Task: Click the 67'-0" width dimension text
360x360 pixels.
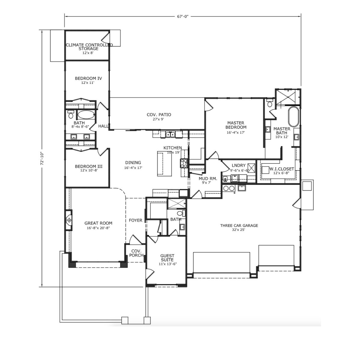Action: [x=183, y=16]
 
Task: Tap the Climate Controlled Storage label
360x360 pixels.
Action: [x=89, y=47]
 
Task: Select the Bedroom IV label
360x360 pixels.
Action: [x=88, y=78]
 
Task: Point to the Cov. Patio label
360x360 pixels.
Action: [x=159, y=115]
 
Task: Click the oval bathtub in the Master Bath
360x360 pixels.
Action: [x=294, y=117]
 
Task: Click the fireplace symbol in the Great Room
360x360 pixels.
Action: [x=69, y=220]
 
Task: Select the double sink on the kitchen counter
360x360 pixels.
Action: [x=170, y=134]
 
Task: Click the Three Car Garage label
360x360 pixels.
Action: [x=239, y=226]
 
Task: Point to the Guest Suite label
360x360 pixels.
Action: [x=167, y=258]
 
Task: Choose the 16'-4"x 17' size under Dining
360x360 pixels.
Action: [x=133, y=168]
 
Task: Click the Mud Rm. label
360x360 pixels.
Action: [x=208, y=178]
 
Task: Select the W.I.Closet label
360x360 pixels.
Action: [x=282, y=169]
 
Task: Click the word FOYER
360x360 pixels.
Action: [x=136, y=220]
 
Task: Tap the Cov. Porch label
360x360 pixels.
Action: [x=136, y=253]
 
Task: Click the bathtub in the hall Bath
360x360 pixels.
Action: [x=86, y=115]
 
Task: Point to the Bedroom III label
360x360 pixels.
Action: [x=88, y=166]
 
